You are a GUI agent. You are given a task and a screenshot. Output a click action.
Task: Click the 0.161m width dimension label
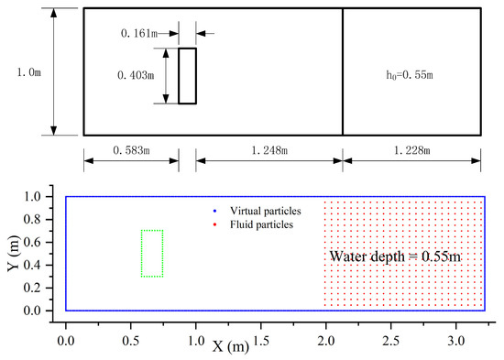(140, 34)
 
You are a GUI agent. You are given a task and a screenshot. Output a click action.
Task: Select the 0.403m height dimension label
(139, 75)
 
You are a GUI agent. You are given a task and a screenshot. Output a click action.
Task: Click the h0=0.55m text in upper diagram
(411, 72)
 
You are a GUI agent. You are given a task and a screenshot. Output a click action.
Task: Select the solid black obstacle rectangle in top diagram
(187, 75)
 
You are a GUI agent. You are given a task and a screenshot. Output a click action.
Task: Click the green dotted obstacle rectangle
(152, 253)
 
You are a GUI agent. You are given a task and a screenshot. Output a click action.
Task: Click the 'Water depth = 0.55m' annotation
(395, 256)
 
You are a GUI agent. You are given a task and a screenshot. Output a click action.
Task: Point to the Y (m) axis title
(15, 254)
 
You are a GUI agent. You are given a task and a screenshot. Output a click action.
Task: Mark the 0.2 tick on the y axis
(42, 289)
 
